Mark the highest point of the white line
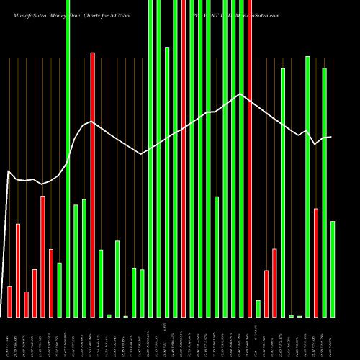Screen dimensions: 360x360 tap(240, 94)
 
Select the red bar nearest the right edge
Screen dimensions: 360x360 tap(316, 262)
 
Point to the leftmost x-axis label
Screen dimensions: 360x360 tap(9, 338)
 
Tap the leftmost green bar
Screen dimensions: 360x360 tap(59, 289)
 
